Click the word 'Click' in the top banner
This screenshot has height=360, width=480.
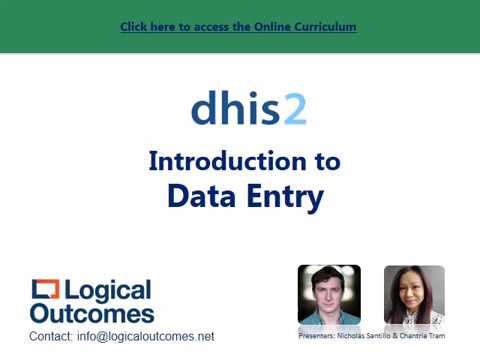click(134, 27)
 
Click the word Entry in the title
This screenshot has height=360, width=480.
click(284, 197)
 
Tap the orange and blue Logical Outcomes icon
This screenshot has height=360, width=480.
click(45, 291)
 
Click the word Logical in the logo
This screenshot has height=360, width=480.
click(108, 291)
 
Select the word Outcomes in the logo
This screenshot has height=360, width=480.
click(91, 313)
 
